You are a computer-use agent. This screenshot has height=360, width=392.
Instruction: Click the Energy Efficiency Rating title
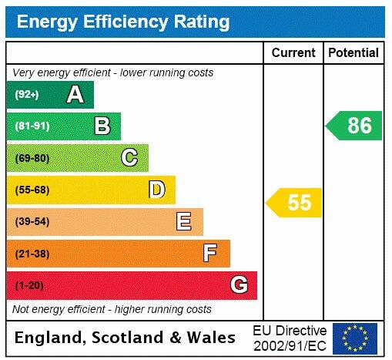click(x=122, y=22)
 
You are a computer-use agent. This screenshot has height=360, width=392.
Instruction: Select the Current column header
click(x=293, y=52)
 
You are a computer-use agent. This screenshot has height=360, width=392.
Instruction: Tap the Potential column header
click(x=353, y=52)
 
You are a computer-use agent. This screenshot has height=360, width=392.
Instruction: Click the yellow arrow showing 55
click(x=295, y=203)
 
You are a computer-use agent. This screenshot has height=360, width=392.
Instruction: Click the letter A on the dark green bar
click(x=75, y=95)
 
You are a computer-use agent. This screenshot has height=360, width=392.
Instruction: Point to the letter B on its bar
click(x=102, y=126)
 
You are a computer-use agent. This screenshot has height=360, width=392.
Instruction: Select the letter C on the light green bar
click(x=129, y=158)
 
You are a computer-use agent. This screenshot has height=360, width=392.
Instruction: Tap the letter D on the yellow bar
click(x=156, y=190)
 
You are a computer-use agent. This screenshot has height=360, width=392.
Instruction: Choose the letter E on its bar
click(x=183, y=222)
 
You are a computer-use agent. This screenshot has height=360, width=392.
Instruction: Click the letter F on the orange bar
click(x=210, y=253)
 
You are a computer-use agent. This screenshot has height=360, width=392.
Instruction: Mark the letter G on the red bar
click(x=239, y=285)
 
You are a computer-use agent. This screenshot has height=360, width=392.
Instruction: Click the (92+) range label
click(x=27, y=95)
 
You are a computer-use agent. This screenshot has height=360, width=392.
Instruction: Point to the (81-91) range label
click(x=32, y=126)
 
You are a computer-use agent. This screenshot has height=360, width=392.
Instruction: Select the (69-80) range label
click(x=32, y=158)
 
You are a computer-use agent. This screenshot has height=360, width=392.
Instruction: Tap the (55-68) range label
click(x=32, y=190)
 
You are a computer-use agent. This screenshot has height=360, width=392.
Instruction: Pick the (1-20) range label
click(x=29, y=285)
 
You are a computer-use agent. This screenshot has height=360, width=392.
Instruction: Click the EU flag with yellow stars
click(x=355, y=338)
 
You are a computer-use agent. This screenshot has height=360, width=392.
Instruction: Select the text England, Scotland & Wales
click(x=126, y=338)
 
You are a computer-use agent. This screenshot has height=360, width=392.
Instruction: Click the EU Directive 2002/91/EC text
click(x=290, y=338)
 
